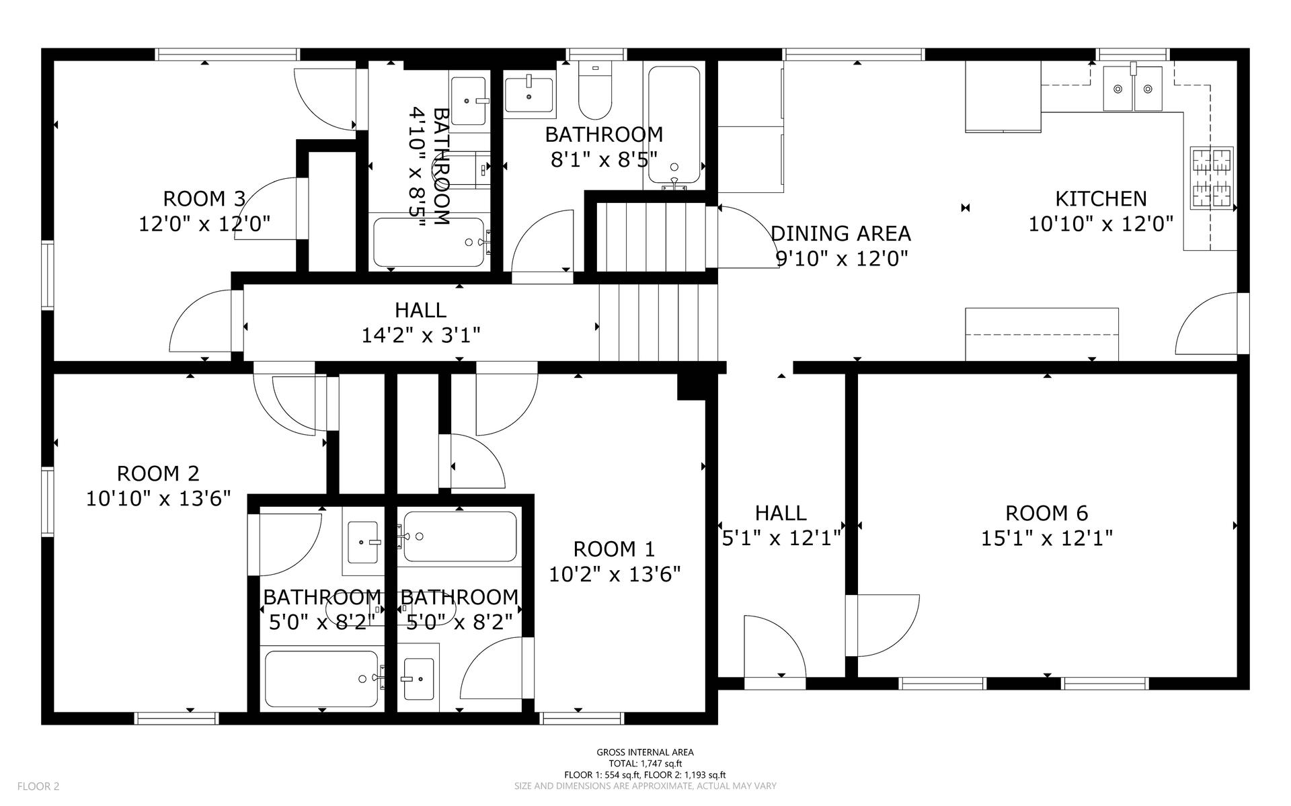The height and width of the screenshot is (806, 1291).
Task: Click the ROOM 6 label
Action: [1046, 513]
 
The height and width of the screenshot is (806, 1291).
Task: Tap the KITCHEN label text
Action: [1101, 198]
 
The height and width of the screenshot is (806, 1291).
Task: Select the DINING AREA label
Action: [840, 233]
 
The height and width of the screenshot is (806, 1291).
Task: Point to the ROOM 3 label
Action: [204, 198]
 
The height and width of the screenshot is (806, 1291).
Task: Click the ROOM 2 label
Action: [158, 473]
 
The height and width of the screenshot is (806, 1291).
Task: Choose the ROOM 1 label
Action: [614, 549]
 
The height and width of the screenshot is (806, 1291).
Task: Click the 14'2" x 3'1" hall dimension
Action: [421, 335]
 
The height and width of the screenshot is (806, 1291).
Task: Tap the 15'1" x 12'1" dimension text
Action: [1046, 538]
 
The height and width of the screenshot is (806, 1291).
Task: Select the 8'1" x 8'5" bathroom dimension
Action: [604, 160]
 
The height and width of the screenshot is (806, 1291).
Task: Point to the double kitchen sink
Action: [1134, 88]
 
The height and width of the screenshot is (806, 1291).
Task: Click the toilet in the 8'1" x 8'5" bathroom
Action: [595, 90]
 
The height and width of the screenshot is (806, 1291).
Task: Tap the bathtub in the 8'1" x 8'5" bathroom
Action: [674, 125]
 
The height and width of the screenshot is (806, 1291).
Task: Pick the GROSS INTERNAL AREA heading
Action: [645, 752]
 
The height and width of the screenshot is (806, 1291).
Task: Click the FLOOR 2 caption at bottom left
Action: [38, 786]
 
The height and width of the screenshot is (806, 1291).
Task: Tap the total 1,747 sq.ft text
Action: [645, 764]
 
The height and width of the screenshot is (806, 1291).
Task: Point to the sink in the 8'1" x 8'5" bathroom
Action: [529, 94]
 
